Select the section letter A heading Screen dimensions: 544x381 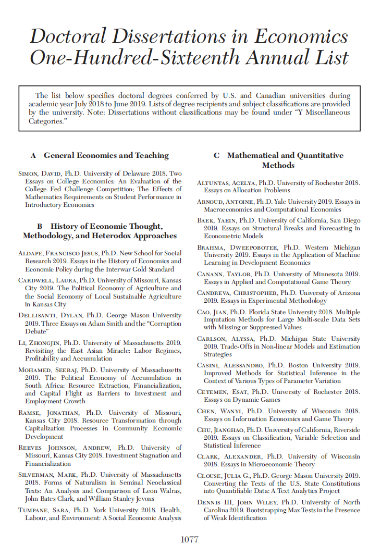[x=33, y=155]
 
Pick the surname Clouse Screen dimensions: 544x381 [x=210, y=476]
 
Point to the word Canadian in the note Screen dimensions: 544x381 [x=255, y=96]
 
